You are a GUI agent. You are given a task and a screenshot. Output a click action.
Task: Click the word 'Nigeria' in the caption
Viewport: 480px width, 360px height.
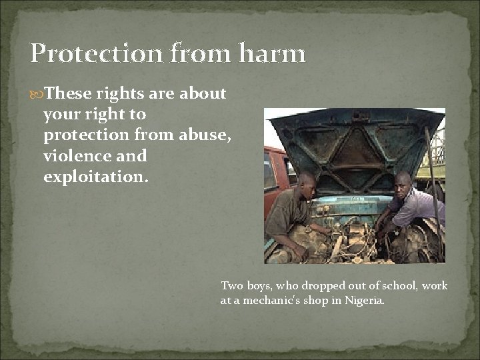[364, 301]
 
